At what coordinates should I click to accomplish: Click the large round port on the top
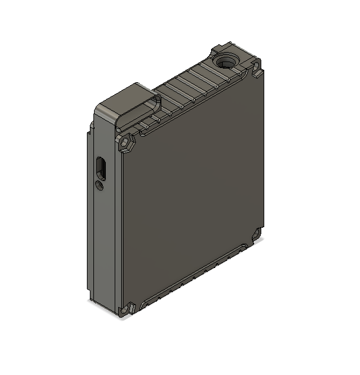pos(225,61)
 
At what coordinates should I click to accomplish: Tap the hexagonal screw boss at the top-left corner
pos(125,143)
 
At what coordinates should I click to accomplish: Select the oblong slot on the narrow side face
pos(101,168)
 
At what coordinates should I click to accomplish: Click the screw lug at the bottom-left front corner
pos(128,309)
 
